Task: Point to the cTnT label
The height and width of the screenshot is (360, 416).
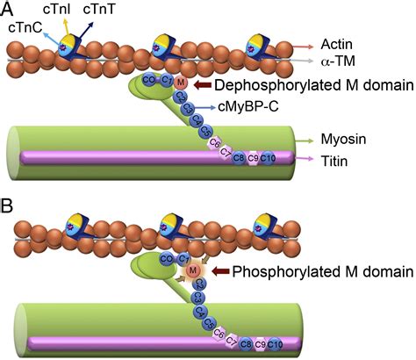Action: [99, 9]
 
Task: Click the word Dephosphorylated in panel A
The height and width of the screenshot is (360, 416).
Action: [276, 85]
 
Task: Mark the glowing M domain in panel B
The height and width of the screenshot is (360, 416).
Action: [196, 272]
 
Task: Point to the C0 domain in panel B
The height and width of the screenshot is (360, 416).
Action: [166, 258]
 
